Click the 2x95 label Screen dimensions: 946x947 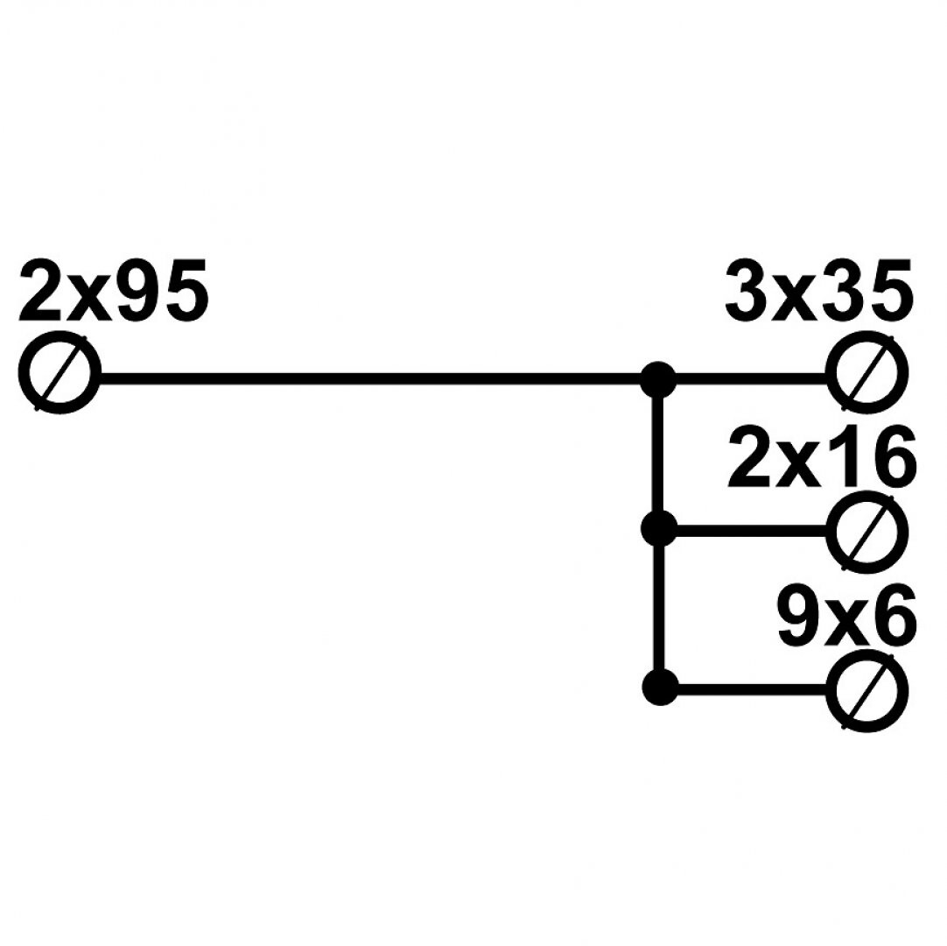tap(114, 290)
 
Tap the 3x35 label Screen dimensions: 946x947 tap(819, 290)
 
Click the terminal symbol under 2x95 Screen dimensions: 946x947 tap(60, 374)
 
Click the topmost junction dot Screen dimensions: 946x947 tap(658, 379)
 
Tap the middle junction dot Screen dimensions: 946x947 tap(658, 529)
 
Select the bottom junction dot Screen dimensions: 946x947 tap(658, 687)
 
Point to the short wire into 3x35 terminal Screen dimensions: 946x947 tap(753, 379)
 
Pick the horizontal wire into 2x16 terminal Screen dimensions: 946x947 tap(753, 530)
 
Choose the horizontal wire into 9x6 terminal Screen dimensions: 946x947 tap(753, 688)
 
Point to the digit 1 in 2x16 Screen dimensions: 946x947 tap(840, 458)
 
